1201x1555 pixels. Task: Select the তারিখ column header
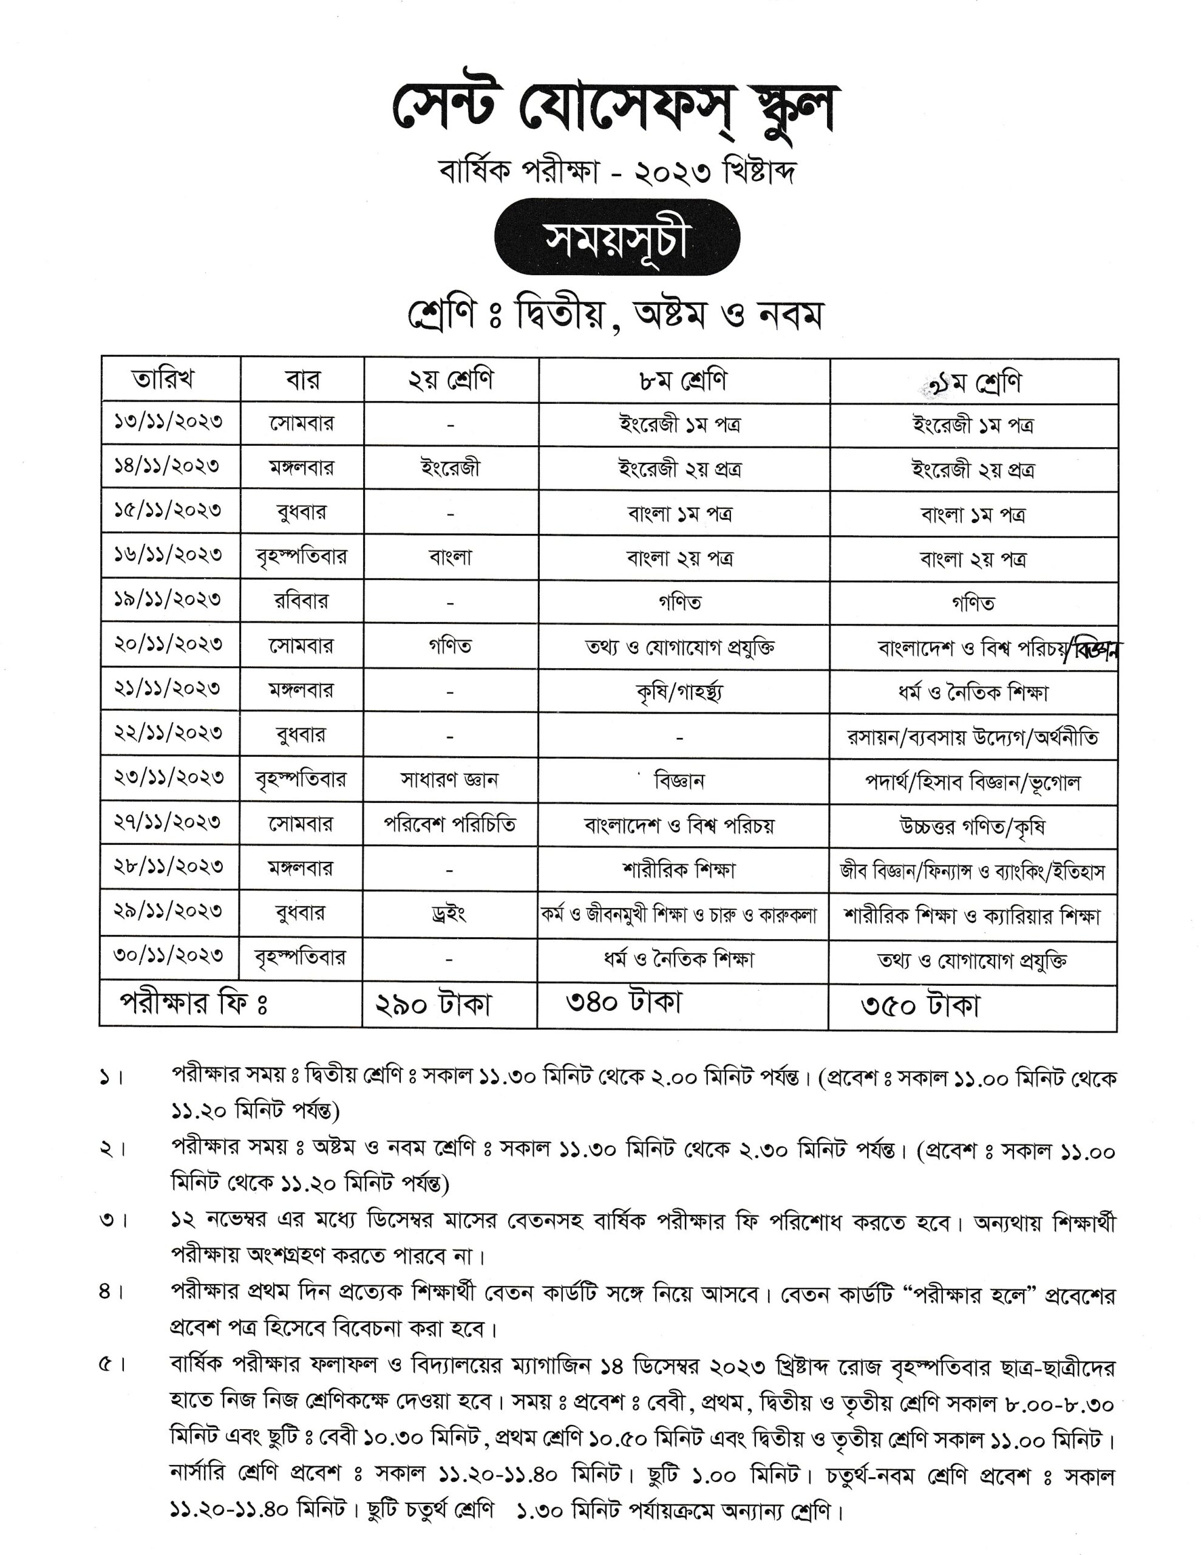163,380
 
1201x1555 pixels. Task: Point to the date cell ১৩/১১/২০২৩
168,422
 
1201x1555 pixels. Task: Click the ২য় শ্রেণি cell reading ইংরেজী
450,468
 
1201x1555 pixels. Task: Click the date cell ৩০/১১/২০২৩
168,955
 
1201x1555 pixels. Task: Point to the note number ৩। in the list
112,1220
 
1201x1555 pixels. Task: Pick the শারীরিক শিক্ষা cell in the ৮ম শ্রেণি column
678,869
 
